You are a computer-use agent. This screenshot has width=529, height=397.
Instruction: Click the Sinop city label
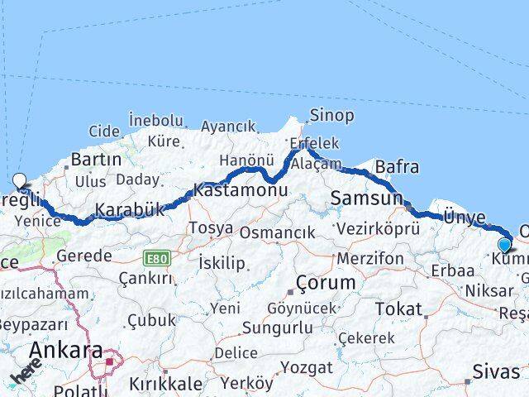click(331, 115)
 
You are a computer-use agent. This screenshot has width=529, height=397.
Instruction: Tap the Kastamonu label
click(241, 189)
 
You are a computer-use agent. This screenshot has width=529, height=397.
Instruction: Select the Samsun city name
click(366, 198)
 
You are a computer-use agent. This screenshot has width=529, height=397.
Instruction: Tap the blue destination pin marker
click(504, 244)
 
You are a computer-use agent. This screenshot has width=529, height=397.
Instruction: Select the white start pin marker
click(19, 180)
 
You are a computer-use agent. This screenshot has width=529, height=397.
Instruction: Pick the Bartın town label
click(97, 160)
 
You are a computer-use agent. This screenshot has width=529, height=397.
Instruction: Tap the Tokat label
click(398, 309)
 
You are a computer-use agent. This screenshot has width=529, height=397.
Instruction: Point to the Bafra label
click(397, 167)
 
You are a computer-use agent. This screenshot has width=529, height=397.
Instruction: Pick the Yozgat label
click(307, 367)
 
